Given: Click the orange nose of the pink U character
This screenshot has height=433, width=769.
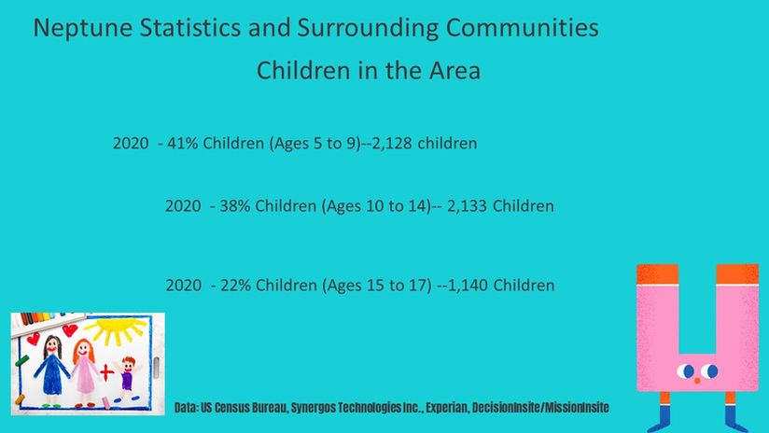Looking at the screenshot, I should point(696,381).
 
